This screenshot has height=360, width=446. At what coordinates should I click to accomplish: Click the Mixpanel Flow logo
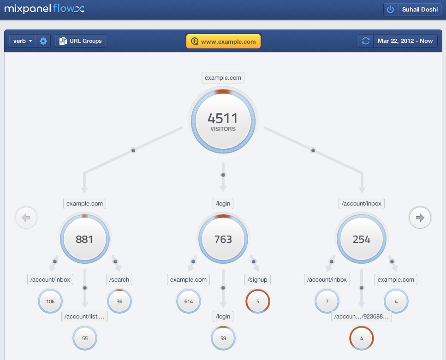point(44,9)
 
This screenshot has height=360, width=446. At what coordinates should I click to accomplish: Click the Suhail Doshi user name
point(419,9)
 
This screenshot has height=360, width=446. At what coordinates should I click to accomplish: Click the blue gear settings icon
point(43,41)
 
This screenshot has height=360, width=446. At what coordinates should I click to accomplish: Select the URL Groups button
point(81,41)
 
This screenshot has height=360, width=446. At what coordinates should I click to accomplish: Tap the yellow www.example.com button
point(223,41)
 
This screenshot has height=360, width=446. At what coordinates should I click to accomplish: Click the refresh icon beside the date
point(366,41)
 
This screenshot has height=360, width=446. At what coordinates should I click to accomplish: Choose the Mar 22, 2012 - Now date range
point(405,41)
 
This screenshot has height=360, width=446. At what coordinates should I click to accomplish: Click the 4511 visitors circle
point(223,121)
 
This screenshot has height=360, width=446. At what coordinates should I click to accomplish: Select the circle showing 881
point(84,239)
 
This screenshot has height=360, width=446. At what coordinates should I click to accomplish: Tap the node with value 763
point(223,239)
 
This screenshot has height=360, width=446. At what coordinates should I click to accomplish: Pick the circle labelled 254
point(362,239)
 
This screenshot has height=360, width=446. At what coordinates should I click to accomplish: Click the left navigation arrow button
point(26,218)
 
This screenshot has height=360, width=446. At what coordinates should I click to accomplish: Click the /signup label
point(257,279)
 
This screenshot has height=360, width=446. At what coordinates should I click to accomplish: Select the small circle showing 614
point(189,301)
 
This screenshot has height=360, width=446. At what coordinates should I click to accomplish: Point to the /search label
point(119,279)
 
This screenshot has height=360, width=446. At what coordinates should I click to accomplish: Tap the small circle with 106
point(50,301)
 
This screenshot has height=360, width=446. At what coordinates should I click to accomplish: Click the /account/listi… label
point(85,316)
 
